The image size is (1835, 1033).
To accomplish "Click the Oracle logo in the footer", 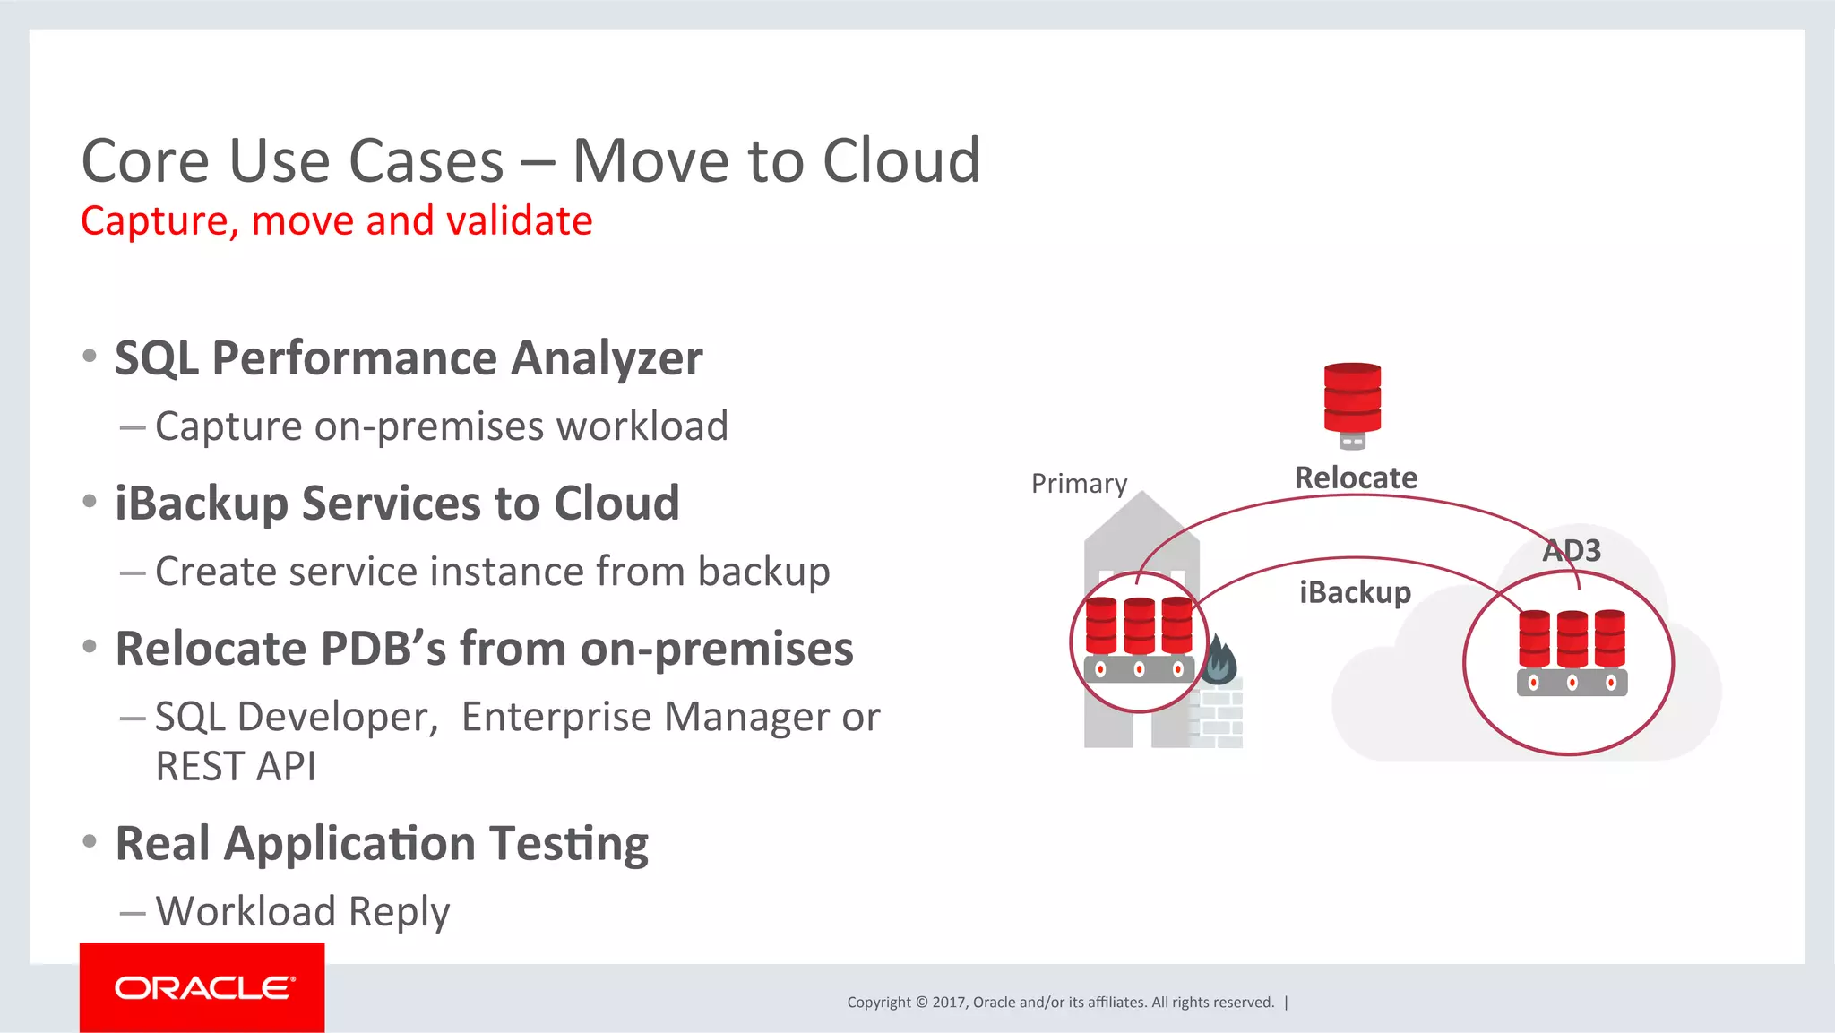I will tap(202, 987).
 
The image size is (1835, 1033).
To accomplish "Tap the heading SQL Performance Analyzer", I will tap(409, 358).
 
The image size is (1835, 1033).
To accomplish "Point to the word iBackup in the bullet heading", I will tap(202, 504).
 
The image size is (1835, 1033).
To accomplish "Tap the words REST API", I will tap(236, 767).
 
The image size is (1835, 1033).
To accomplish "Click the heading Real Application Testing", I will tap(382, 844).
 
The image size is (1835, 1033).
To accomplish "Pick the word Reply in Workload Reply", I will tap(399, 912).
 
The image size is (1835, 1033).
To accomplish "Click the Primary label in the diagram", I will tap(1079, 484).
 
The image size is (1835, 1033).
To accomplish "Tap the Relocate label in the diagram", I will tap(1356, 478).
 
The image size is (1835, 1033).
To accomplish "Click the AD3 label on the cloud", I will tap(1572, 550).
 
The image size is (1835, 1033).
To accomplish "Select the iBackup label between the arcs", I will tap(1355, 592).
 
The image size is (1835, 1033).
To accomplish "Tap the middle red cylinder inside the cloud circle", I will tap(1572, 638).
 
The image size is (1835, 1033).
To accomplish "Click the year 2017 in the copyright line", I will tap(948, 1003).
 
